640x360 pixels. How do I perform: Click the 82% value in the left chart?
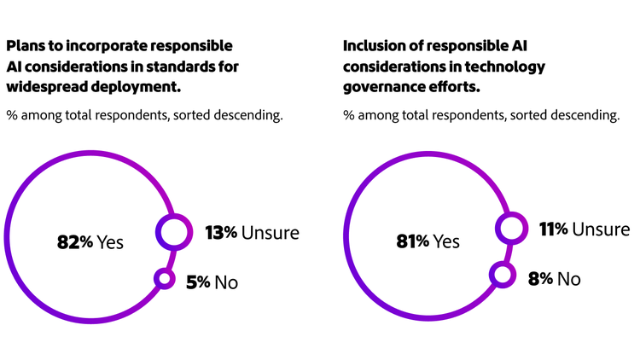click(x=74, y=242)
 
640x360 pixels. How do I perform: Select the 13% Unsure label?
click(x=252, y=232)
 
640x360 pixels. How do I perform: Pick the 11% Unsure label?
click(x=584, y=229)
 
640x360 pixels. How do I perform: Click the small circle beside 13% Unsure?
click(x=172, y=232)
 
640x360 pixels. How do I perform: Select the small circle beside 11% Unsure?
click(x=510, y=229)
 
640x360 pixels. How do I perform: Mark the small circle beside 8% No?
click(x=503, y=275)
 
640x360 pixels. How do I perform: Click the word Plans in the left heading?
click(x=26, y=45)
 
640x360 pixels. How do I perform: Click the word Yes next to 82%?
click(x=109, y=242)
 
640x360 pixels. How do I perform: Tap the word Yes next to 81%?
click(x=446, y=241)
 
